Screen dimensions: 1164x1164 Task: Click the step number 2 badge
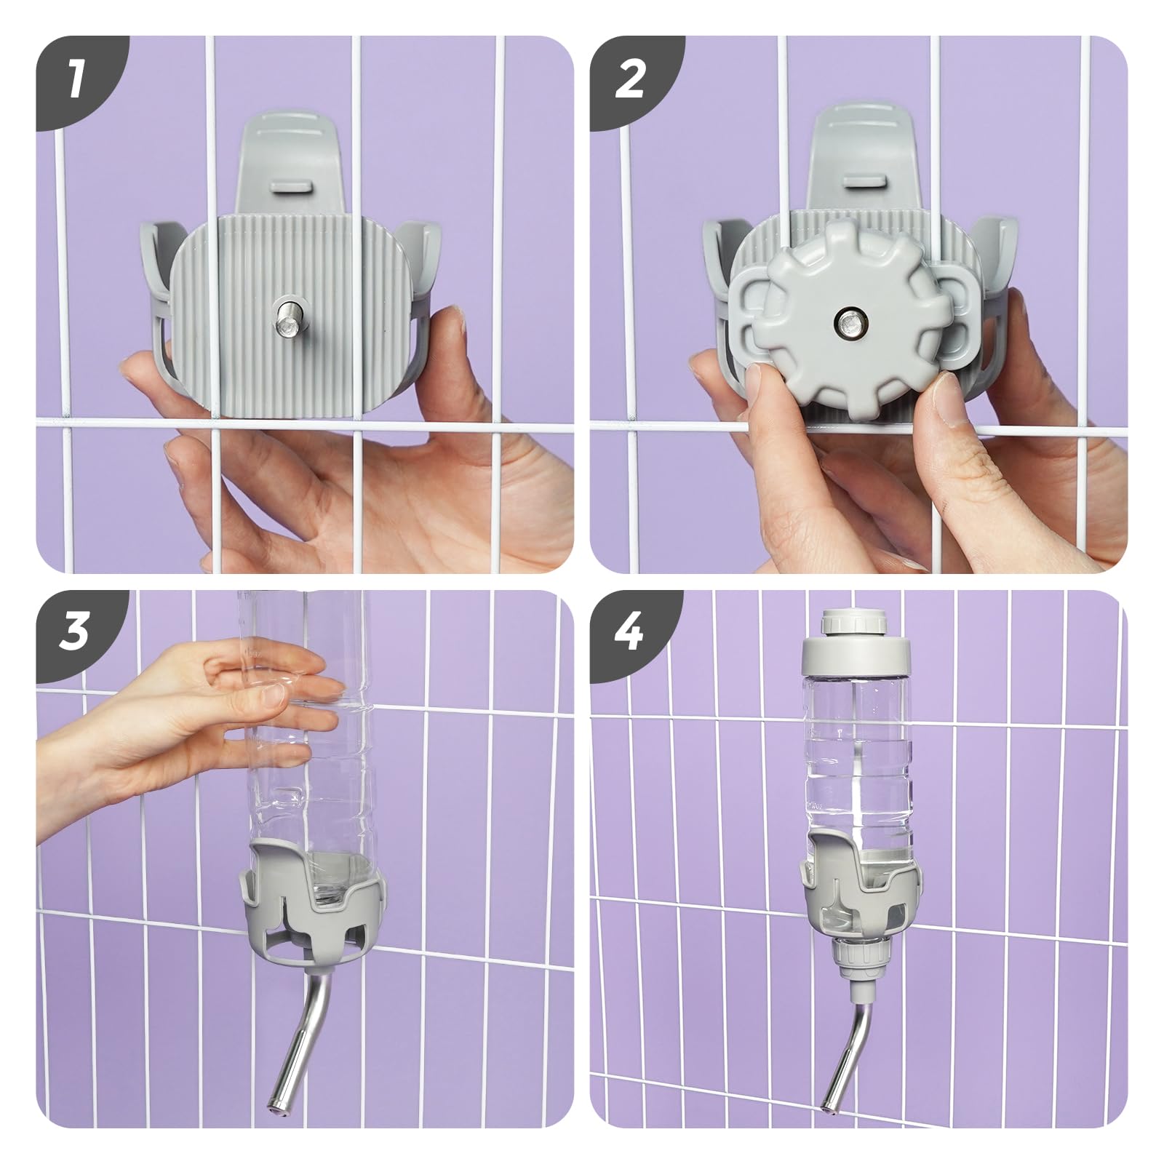630,80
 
